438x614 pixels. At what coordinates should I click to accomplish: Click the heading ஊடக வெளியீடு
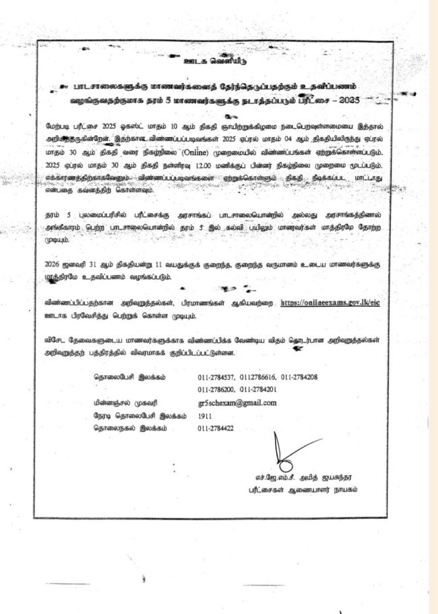(218, 68)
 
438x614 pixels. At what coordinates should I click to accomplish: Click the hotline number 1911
(205, 416)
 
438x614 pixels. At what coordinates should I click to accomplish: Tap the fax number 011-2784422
(216, 428)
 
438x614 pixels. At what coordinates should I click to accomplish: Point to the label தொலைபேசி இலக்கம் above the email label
(129, 376)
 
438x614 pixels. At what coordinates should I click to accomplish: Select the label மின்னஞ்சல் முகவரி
(126, 403)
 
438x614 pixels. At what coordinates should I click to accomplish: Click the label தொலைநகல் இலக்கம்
(129, 428)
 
